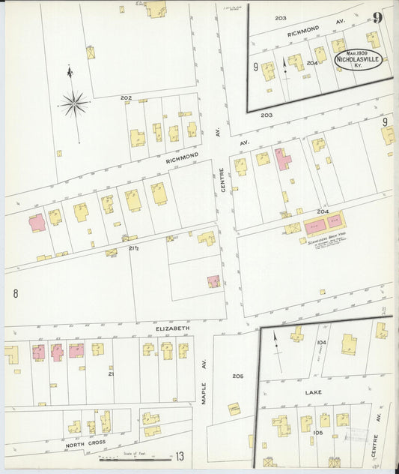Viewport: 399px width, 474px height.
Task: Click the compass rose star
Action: click(74, 103)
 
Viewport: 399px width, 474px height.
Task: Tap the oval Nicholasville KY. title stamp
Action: click(358, 60)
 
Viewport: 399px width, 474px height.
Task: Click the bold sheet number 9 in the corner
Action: click(378, 17)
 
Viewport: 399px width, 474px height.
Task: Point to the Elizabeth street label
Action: click(172, 328)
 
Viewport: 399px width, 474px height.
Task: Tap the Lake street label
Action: click(313, 392)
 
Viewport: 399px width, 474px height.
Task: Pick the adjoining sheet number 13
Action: click(180, 455)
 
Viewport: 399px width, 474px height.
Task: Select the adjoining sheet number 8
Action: click(14, 293)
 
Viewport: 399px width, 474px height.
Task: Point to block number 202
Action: click(126, 98)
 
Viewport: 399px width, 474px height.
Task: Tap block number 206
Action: click(238, 376)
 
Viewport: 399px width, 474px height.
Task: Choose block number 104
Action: click(321, 342)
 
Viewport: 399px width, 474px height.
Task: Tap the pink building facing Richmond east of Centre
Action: click(282, 159)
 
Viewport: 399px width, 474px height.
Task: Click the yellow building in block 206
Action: click(234, 409)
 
